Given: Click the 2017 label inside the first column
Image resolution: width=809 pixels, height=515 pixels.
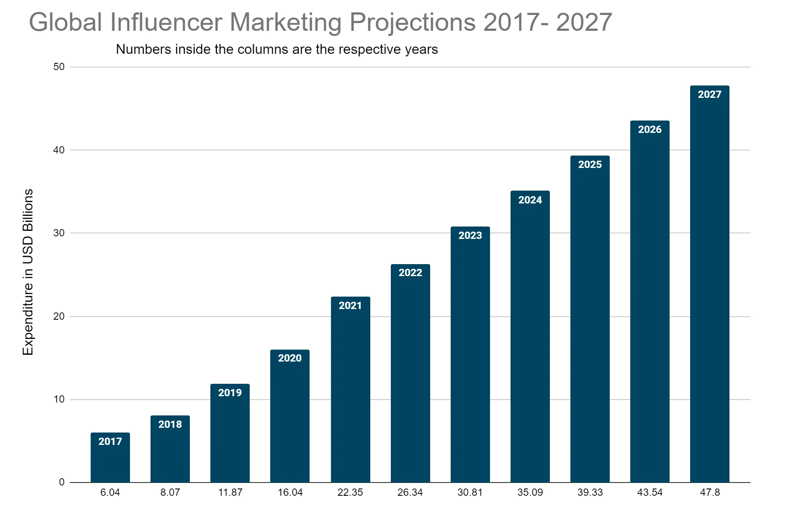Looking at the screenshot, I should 110,441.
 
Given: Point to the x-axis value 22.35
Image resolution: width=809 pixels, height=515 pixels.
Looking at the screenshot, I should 350,492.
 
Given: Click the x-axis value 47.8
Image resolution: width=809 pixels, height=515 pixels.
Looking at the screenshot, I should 710,492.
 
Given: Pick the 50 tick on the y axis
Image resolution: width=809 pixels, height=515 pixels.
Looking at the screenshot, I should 59,67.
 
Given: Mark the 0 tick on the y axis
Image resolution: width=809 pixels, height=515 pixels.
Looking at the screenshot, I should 62,482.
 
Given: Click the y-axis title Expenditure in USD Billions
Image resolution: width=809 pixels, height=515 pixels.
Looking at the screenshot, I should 28,272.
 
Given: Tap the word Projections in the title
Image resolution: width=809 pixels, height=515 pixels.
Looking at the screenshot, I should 413,22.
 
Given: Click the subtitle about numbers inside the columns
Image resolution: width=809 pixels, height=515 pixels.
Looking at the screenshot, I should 277,50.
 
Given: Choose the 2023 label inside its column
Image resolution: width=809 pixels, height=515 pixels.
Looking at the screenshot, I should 470,235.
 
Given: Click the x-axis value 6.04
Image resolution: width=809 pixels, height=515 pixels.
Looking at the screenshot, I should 110,492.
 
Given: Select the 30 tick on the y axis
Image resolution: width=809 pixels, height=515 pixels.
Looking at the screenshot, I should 59,233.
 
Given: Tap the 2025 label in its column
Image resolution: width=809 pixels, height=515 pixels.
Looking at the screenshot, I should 590,165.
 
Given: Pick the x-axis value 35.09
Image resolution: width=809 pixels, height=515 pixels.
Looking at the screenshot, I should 530,492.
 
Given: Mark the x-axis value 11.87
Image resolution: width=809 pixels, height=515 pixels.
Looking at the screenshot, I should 230,492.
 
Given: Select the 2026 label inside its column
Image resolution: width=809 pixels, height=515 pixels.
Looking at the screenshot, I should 650,129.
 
